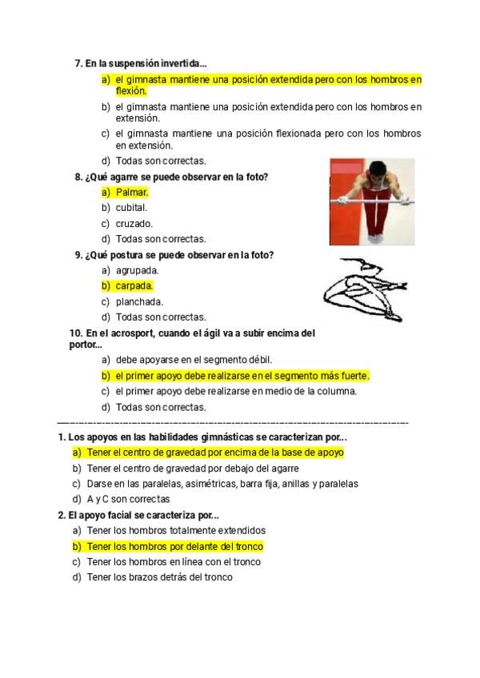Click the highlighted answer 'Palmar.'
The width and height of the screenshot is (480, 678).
pos(132,193)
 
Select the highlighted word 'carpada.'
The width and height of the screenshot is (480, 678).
pos(134,285)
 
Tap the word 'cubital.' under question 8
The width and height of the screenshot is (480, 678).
pos(131,208)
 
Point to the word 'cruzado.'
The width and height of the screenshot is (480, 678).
pos(134,224)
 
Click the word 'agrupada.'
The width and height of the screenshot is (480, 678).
pos(137,270)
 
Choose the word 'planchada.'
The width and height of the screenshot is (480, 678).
pos(139,301)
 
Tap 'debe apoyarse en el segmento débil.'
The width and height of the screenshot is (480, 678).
pos(194,360)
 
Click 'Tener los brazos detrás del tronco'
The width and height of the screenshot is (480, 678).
pos(159,577)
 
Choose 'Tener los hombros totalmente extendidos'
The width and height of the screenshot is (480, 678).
pos(176,530)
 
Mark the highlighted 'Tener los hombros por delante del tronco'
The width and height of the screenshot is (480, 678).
pos(174,546)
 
